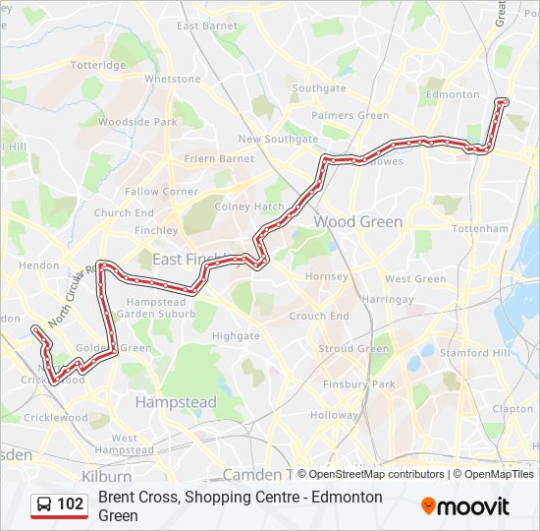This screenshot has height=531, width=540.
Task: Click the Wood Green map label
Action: (357, 222)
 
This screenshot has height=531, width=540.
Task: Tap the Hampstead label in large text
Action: (176, 402)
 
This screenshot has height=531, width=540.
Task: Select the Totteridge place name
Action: (98, 65)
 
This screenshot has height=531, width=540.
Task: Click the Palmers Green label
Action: (351, 115)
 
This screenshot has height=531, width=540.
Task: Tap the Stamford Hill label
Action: (475, 352)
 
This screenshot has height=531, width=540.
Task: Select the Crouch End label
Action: (319, 317)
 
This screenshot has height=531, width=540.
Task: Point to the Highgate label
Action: (236, 336)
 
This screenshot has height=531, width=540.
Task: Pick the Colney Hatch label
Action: (249, 206)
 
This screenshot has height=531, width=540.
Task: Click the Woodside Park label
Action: (137, 122)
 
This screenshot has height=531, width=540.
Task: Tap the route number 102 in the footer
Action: (70, 504)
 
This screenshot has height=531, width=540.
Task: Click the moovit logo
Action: (465, 505)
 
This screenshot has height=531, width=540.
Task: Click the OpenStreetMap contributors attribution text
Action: (376, 474)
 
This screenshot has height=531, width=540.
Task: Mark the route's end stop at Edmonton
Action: (503, 101)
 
